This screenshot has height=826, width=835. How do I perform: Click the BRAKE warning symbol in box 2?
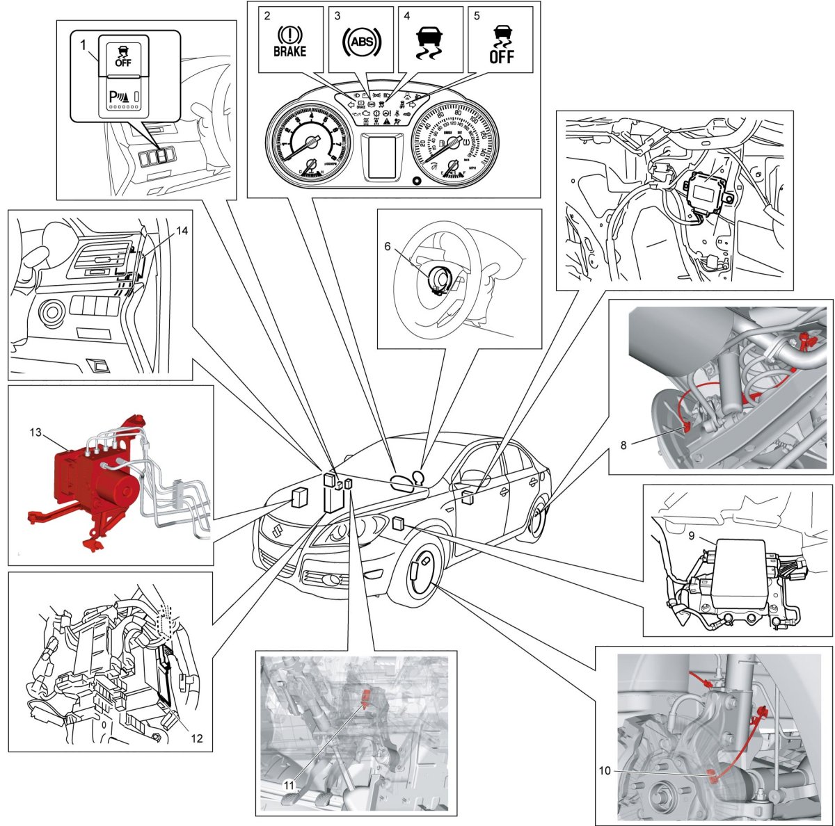pyautogui.click(x=289, y=41)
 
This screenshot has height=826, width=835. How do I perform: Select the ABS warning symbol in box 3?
pyautogui.click(x=361, y=42)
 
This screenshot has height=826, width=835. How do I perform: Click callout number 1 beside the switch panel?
pyautogui.click(x=83, y=45)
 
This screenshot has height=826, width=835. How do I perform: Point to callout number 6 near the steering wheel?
pyautogui.click(x=388, y=247)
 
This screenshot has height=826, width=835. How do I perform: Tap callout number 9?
pyautogui.click(x=692, y=537)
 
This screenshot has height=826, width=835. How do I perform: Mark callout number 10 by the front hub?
pyautogui.click(x=604, y=770)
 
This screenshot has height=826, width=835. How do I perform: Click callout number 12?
pyautogui.click(x=197, y=738)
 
